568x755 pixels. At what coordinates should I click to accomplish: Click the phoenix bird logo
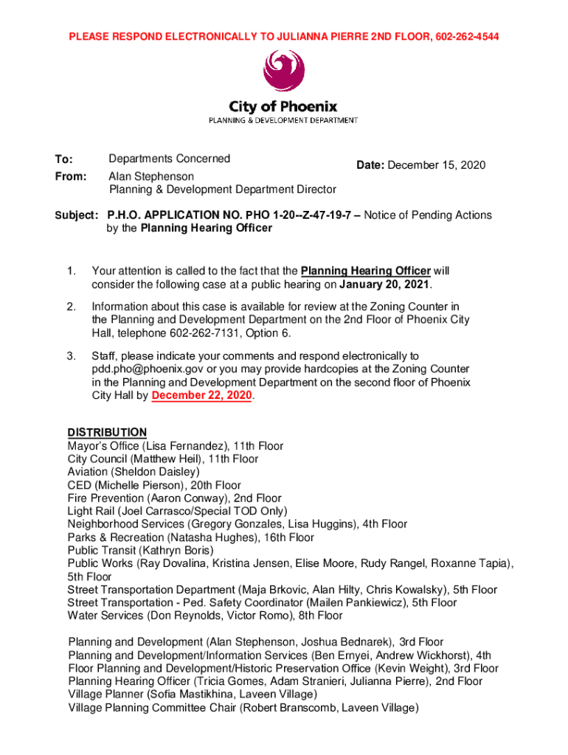coord(284,72)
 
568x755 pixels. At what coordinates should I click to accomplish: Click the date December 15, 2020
coord(443,165)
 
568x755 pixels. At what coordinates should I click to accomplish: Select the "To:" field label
coord(63,160)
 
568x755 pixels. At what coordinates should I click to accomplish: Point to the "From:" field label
coord(70,177)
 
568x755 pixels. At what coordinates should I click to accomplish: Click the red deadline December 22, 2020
coord(201,396)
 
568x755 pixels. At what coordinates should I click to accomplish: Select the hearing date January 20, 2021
coord(384,284)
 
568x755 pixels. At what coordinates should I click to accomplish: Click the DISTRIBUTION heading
coord(107,433)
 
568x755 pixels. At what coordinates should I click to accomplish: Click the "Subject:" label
coord(77,215)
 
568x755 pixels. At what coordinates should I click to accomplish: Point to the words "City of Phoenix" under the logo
coord(284,106)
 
